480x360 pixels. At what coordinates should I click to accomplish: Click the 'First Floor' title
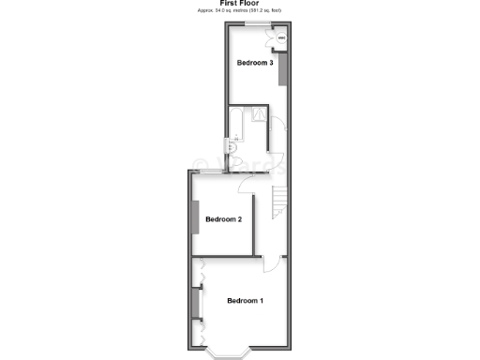pos(241,3)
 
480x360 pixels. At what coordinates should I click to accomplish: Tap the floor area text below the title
pos(241,10)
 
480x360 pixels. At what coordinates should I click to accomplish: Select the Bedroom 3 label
pos(255,64)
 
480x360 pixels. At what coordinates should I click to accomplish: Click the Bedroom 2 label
pos(224,219)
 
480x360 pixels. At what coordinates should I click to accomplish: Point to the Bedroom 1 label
pos(245,300)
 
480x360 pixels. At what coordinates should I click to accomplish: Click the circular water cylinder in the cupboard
pos(280,38)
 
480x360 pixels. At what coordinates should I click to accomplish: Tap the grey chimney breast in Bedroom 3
pos(279,71)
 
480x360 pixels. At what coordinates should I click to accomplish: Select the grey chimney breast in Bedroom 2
pos(195,221)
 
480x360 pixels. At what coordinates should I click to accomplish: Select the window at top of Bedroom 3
pos(251,22)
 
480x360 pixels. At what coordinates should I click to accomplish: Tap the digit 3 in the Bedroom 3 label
pos(271,64)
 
